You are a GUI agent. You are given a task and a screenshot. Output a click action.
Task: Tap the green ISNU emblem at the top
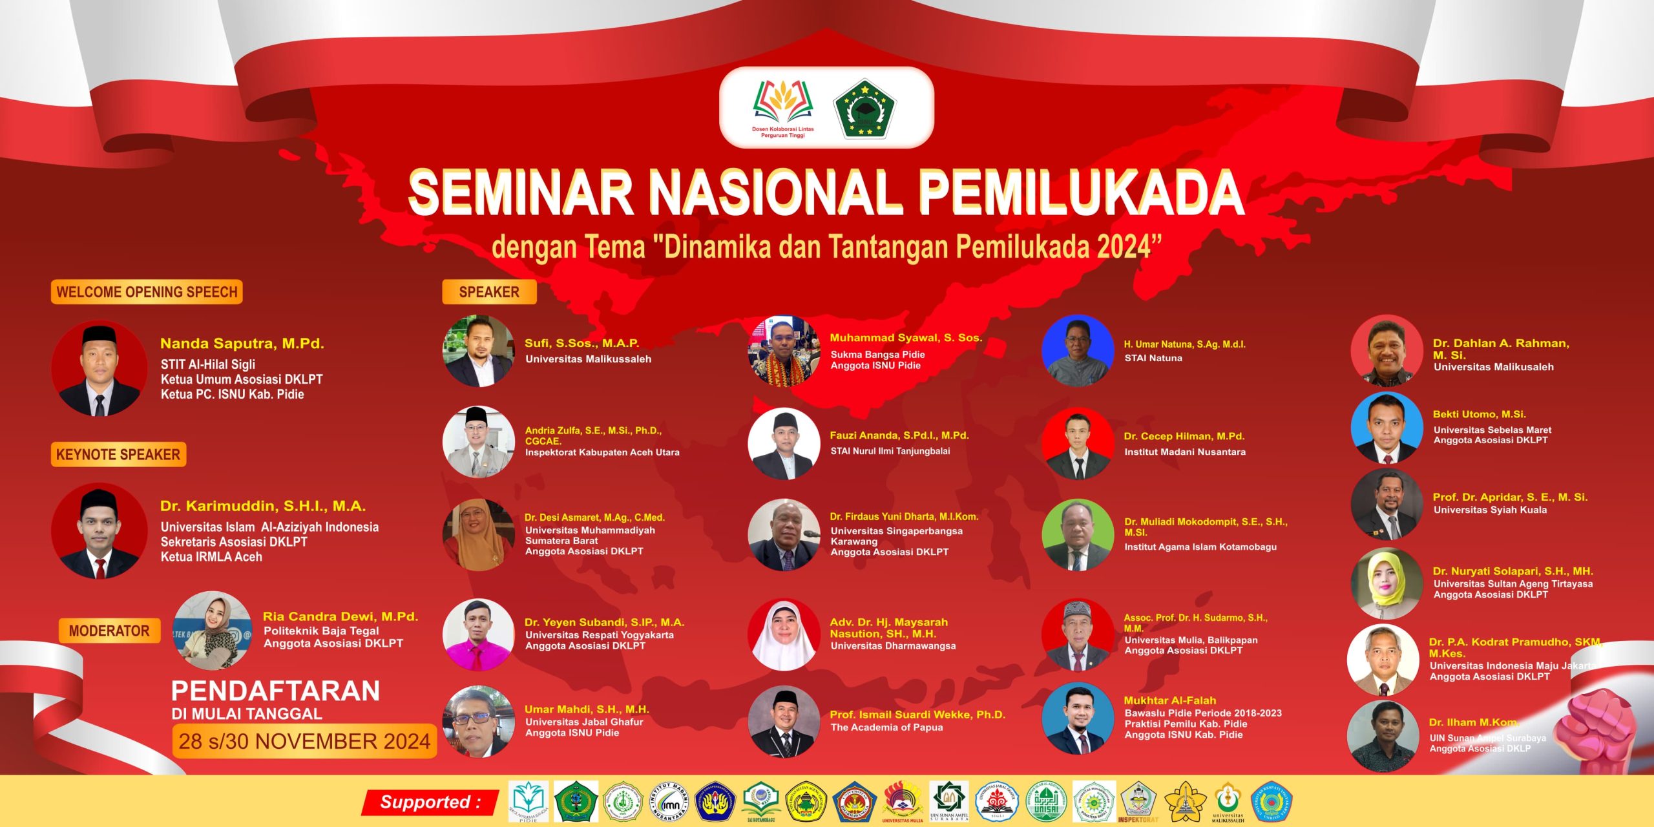[x=864, y=108]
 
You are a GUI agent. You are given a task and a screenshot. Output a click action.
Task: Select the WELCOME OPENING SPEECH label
[x=147, y=292]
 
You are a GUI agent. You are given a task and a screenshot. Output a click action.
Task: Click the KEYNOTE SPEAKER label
[x=118, y=454]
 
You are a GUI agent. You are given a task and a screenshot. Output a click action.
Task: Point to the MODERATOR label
[x=109, y=631]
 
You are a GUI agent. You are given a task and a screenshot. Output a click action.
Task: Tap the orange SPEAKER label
[x=489, y=292]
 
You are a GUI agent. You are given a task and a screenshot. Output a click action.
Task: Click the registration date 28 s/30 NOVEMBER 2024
[x=304, y=741]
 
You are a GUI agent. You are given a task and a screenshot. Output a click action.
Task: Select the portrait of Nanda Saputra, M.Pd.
[x=99, y=368]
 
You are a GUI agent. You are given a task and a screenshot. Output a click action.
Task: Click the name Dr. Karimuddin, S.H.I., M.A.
[x=263, y=506]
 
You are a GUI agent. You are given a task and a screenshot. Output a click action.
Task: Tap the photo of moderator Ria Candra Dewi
[x=213, y=630]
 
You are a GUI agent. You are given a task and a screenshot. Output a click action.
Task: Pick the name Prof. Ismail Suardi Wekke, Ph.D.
[x=917, y=715]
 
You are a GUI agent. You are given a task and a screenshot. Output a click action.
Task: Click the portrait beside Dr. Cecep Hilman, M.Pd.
[x=1078, y=443]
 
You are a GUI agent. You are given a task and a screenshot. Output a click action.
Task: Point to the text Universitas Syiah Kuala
[x=1490, y=510]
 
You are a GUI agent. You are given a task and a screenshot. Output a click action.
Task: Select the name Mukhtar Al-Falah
[x=1169, y=700]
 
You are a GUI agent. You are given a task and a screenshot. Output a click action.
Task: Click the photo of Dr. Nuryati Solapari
[x=1387, y=583]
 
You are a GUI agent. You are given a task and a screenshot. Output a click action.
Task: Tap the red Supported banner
[x=430, y=802]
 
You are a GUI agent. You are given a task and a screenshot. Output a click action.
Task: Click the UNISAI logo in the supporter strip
[x=1047, y=802]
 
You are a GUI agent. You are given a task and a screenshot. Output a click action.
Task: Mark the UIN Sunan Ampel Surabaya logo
[x=948, y=801]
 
